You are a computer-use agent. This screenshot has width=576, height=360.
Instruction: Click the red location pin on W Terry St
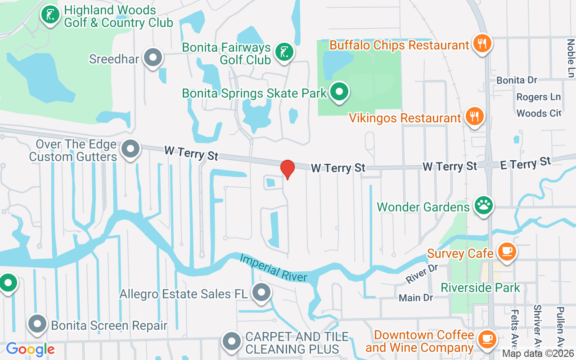tap(288, 169)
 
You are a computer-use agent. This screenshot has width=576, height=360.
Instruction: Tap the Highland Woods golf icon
tap(50, 15)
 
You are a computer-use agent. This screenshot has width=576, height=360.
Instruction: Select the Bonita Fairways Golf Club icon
tap(284, 52)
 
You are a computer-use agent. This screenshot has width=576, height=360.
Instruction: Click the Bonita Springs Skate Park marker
tap(340, 92)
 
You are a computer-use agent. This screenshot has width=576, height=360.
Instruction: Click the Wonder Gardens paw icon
tap(484, 206)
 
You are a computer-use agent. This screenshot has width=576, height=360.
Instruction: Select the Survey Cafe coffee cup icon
tap(507, 251)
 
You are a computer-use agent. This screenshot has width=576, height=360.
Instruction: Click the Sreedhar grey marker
tap(153, 58)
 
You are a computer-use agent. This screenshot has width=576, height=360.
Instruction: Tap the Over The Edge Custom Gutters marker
tap(131, 148)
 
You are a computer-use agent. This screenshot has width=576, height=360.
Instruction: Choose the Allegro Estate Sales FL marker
tap(261, 293)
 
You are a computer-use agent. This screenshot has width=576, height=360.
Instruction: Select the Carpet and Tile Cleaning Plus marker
tap(232, 342)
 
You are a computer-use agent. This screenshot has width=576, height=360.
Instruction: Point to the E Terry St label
tap(526, 163)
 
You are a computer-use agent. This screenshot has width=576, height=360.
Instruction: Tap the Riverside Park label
tap(480, 288)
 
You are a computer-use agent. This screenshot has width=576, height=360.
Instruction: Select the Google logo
tap(30, 349)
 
